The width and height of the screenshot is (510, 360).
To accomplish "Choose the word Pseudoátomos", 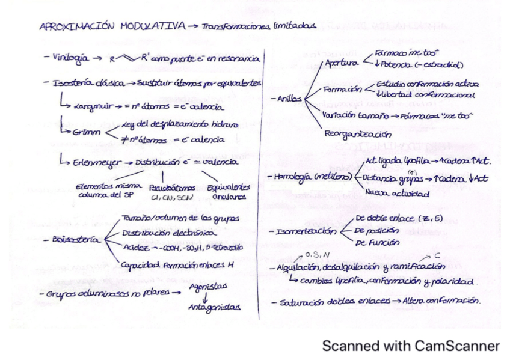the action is [x=167, y=188].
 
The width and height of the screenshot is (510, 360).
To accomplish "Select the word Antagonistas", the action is [x=210, y=307].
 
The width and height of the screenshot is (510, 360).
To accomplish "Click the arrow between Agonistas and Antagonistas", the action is [x=207, y=297].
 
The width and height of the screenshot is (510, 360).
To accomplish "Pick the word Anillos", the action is [x=290, y=99].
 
